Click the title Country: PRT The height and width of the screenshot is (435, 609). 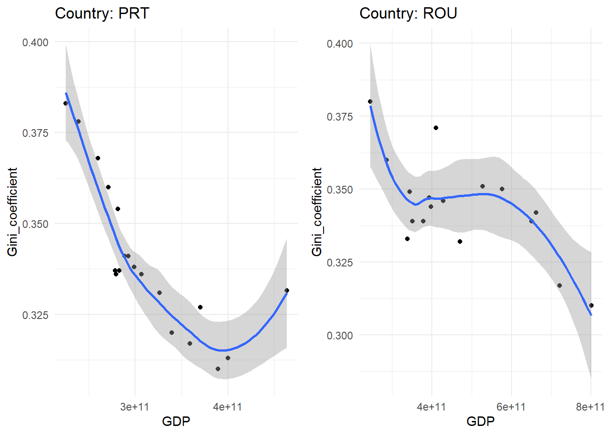pos(102,13)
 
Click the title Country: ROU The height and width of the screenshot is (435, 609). pos(408,13)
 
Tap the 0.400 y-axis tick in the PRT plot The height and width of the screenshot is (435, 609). pos(35,42)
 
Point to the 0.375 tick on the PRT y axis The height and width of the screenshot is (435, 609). pos(35,133)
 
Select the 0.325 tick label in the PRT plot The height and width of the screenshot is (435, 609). pos(35,315)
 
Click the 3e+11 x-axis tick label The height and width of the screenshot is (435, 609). pos(135,407)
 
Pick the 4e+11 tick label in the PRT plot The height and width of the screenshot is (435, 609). pos(227,407)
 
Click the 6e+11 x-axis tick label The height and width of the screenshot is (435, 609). pos(511,407)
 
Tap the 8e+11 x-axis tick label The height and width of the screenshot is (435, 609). pos(590,407)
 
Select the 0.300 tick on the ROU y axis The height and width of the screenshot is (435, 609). pos(340,335)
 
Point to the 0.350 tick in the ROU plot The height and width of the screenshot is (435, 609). pos(340,189)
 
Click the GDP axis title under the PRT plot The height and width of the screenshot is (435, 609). pos(176,421)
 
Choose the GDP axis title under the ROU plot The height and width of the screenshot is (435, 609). pos(480,421)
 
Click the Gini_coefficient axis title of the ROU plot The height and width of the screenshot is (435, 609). pos(317,212)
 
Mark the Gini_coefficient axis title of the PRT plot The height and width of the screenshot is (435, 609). pos(12,212)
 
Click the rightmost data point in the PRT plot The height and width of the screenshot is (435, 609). pos(287,290)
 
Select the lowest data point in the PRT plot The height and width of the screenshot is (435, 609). pos(218,369)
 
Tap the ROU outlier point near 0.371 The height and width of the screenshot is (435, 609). pos(436,128)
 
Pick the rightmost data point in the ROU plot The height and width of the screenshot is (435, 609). pos(591,305)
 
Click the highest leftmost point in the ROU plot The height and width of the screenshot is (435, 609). pos(370,101)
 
